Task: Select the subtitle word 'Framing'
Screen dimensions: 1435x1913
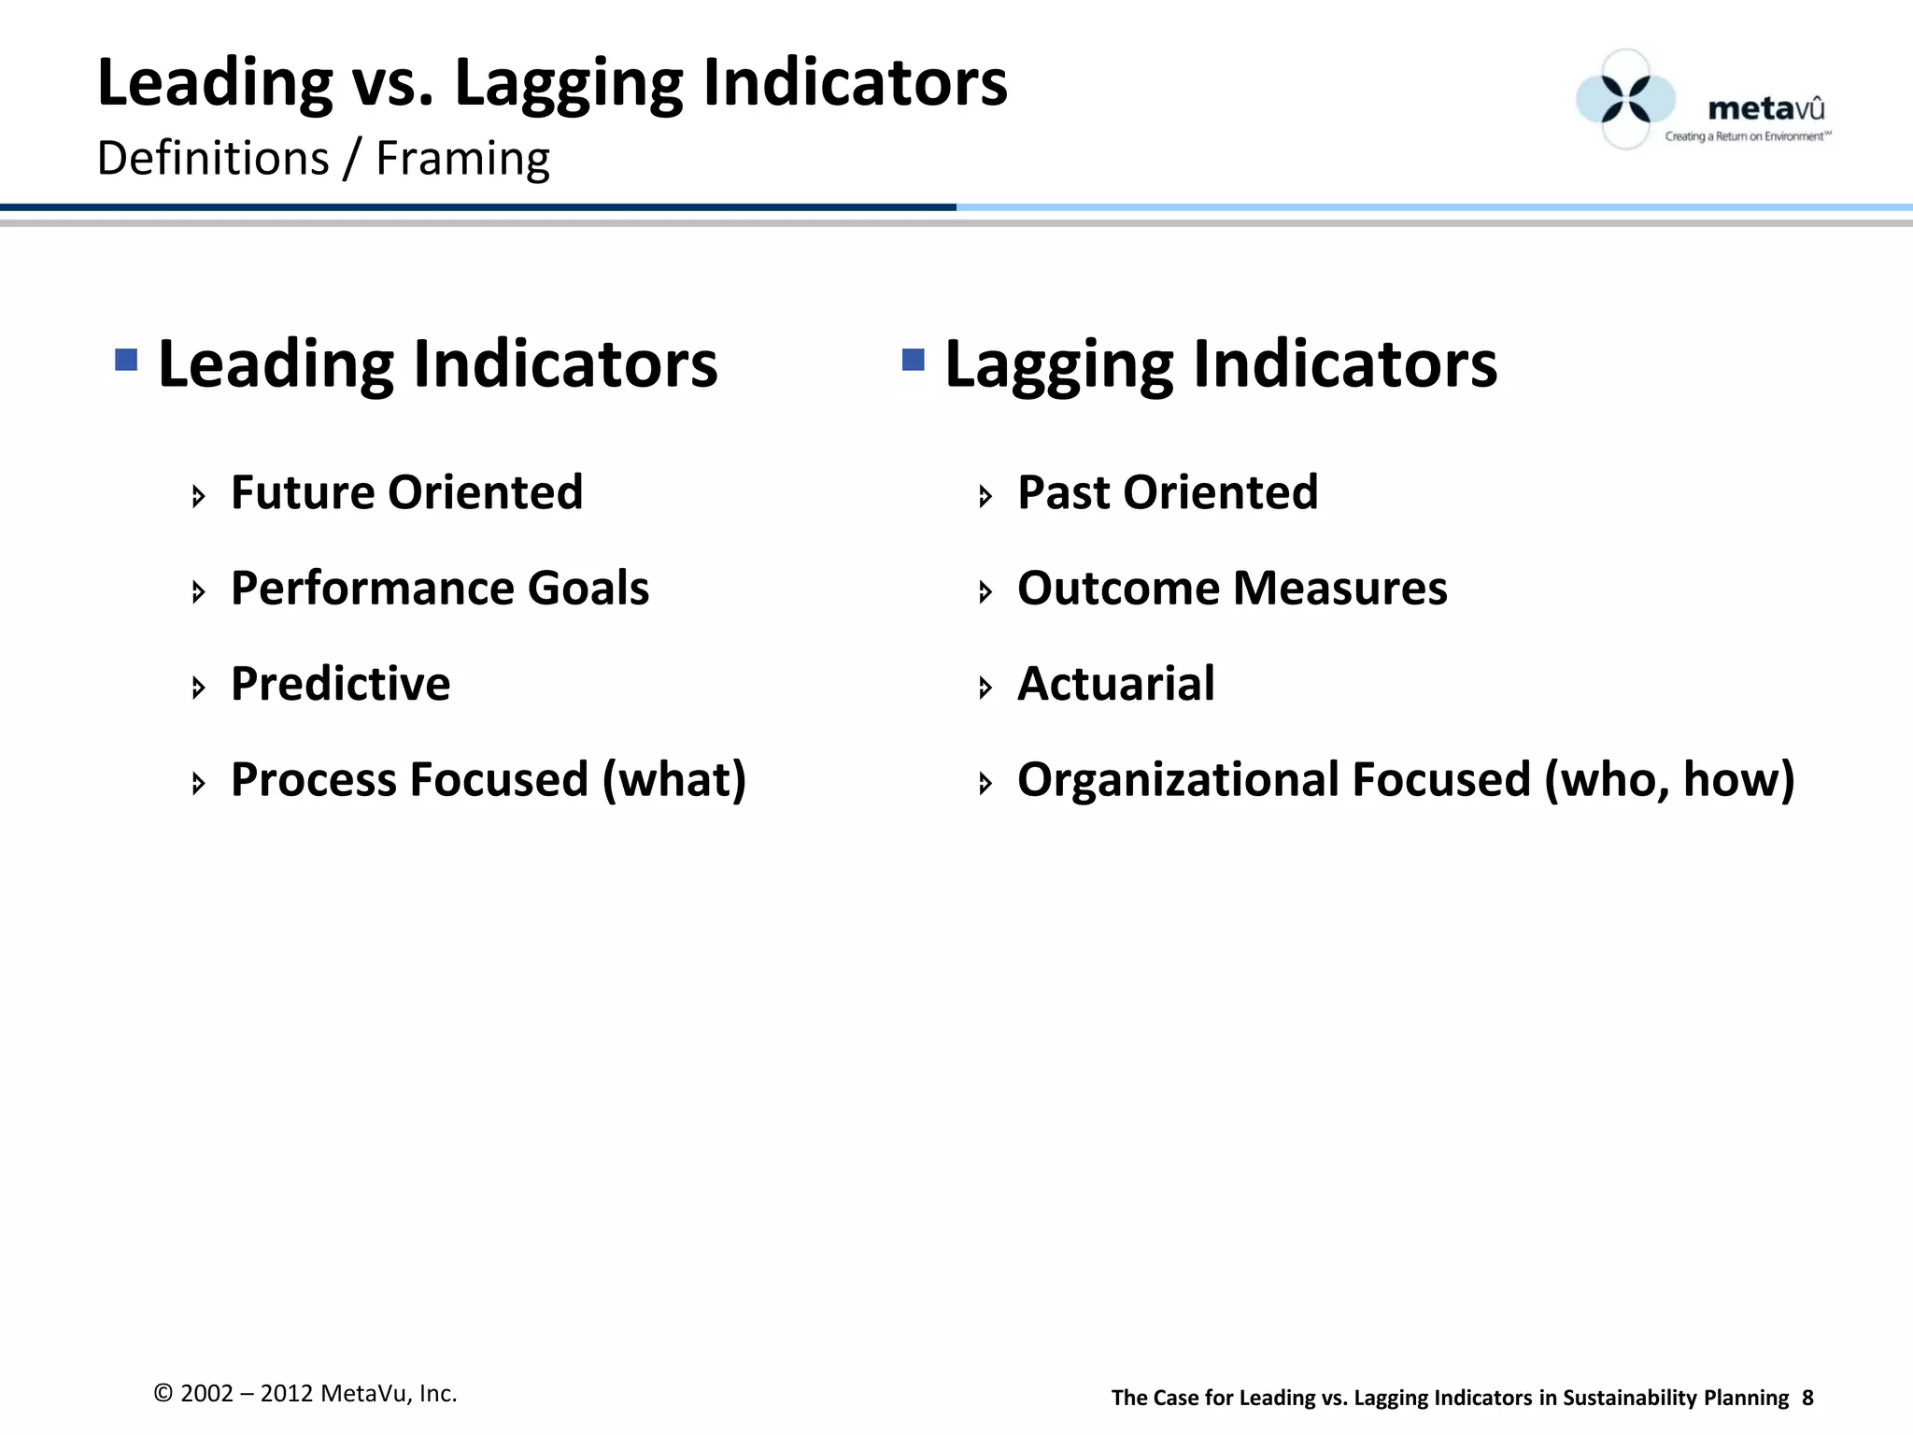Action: point(462,159)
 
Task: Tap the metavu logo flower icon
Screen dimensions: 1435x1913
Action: point(1625,99)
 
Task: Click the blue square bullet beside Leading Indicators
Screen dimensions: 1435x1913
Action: point(126,360)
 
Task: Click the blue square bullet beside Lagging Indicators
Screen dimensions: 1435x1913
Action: point(914,360)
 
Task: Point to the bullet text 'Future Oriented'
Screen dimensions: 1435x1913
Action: point(406,492)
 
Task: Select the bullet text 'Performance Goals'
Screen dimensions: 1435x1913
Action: point(439,589)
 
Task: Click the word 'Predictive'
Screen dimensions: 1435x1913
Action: point(340,684)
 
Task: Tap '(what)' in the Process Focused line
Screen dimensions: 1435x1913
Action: point(674,780)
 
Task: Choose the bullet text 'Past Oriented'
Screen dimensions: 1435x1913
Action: point(1168,492)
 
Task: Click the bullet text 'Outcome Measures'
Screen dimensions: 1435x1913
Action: point(1232,589)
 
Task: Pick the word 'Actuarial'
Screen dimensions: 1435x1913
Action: point(1116,684)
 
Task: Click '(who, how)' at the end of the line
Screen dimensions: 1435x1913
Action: point(1669,780)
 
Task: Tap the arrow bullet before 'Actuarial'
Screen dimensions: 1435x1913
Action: point(985,689)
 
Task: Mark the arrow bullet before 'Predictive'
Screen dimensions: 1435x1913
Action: point(198,689)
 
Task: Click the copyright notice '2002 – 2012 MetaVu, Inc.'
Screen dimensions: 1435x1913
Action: point(305,1393)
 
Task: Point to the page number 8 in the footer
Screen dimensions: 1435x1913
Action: point(1807,1398)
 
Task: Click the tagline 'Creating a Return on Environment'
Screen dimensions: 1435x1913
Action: point(1747,136)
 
